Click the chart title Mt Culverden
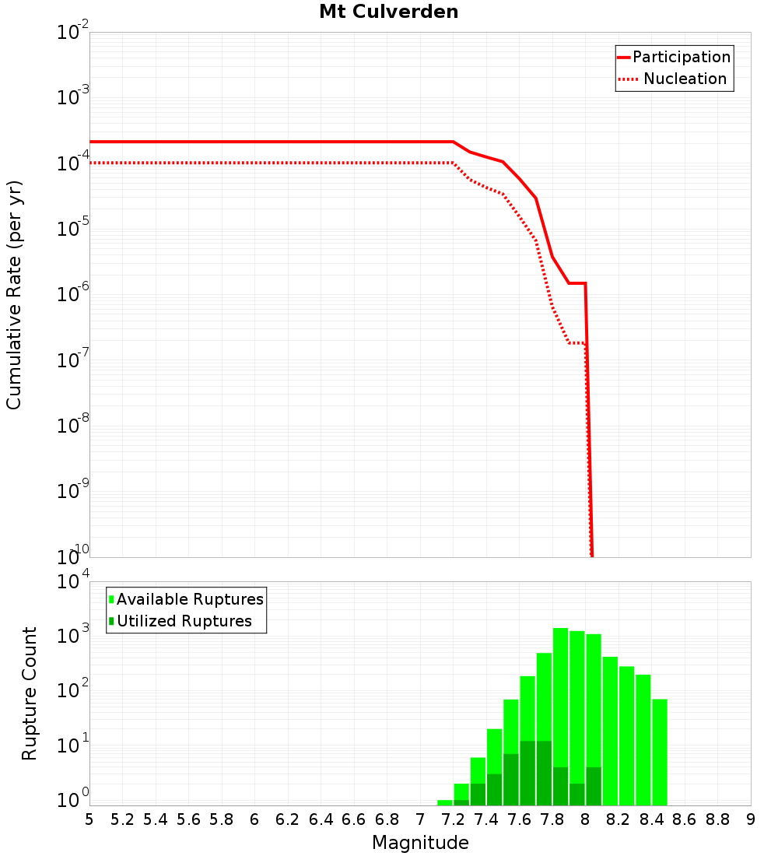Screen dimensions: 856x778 [388, 12]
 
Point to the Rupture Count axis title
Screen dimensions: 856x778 [30, 693]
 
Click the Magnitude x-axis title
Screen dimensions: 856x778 [420, 843]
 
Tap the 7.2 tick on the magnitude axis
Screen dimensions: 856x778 [453, 819]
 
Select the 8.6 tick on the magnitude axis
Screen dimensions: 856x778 [685, 819]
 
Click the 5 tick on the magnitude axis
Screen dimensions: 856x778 [89, 819]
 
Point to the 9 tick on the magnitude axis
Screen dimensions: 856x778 [751, 819]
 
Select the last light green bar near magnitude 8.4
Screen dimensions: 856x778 [660, 751]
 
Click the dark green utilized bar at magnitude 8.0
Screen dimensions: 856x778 [594, 786]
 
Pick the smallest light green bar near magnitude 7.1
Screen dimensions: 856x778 [444, 802]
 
